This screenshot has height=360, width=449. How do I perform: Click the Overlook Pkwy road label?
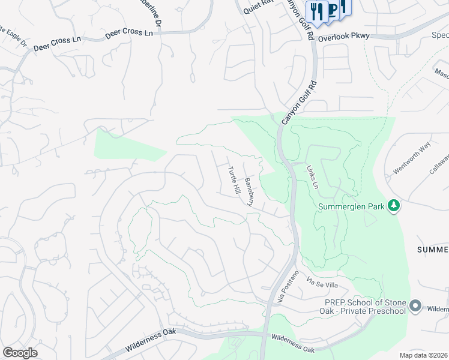[x=344, y=37]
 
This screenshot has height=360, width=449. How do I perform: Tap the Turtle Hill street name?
[x=233, y=179]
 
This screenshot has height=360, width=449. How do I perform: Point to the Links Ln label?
[x=311, y=178]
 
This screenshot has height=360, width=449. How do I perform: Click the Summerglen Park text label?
[x=351, y=207]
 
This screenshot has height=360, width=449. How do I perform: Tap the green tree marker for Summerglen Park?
[x=394, y=206]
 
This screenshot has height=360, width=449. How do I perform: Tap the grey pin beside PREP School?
[x=415, y=307]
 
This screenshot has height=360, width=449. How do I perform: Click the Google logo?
[x=20, y=353]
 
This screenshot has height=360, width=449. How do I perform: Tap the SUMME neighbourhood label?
[x=433, y=249]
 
